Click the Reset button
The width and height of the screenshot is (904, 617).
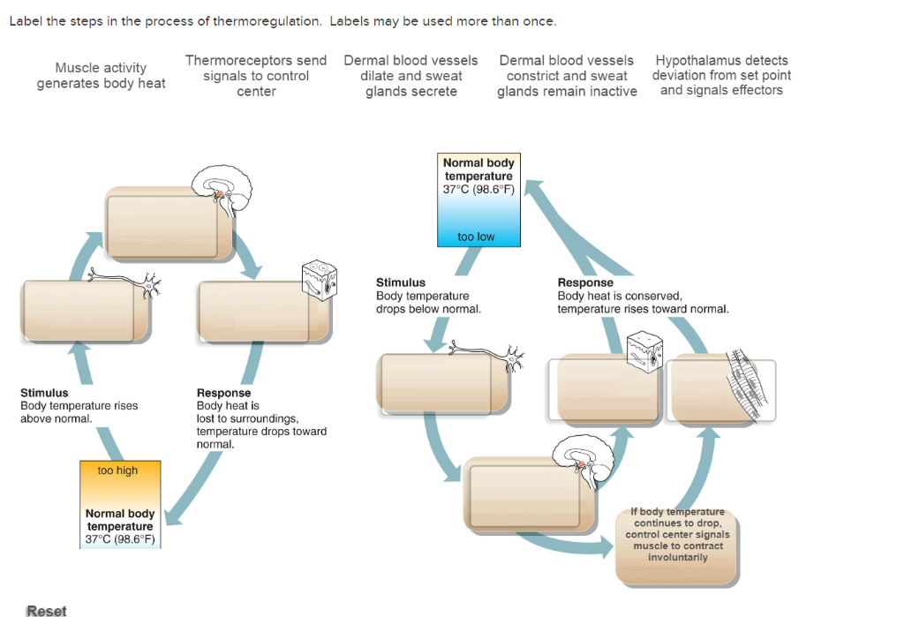46,610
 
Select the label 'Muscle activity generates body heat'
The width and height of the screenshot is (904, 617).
101,75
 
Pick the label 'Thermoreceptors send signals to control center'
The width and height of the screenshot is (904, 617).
256,76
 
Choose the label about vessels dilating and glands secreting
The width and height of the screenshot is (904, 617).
411,76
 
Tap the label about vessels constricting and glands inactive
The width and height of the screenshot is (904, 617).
567,76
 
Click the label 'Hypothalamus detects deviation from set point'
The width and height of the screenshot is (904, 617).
721,76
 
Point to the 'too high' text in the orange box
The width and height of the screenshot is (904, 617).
117,470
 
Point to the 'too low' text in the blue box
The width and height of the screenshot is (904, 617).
476,237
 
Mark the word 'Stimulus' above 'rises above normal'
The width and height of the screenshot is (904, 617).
44,393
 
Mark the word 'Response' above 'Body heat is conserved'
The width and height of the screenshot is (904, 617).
585,282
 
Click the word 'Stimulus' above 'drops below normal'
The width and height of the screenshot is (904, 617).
401,282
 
